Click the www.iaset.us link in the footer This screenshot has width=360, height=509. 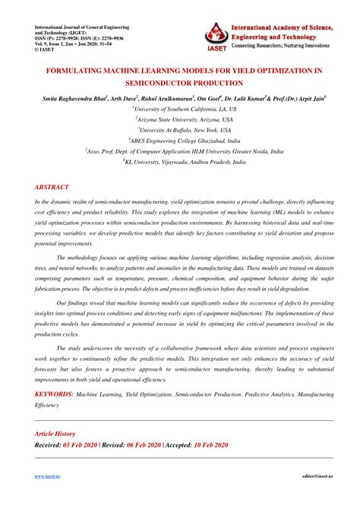pos(48,498)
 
